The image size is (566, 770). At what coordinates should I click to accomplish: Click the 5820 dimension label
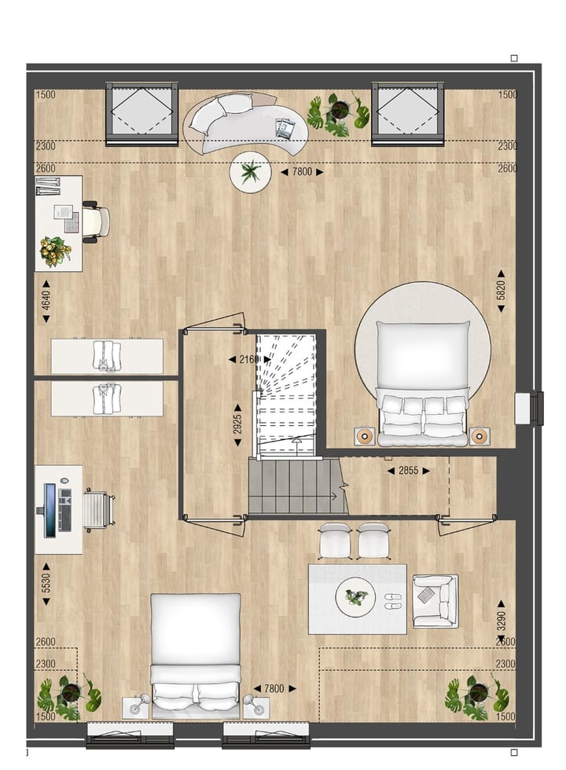tap(501, 296)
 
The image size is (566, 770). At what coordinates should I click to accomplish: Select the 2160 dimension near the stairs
tap(249, 360)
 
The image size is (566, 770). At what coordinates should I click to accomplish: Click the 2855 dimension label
tap(408, 471)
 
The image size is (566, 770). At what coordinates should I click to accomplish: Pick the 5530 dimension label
tap(46, 583)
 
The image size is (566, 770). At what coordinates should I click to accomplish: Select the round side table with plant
tap(251, 172)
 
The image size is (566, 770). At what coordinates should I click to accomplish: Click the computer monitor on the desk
tap(50, 510)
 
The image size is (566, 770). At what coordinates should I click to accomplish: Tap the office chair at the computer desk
tap(97, 510)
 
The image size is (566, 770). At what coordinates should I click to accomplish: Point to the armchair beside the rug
tap(435, 600)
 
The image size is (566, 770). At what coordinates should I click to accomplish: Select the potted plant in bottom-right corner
tap(476, 695)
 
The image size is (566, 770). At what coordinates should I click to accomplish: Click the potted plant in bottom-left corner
tap(69, 695)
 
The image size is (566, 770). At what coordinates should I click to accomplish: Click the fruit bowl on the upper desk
tap(56, 251)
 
